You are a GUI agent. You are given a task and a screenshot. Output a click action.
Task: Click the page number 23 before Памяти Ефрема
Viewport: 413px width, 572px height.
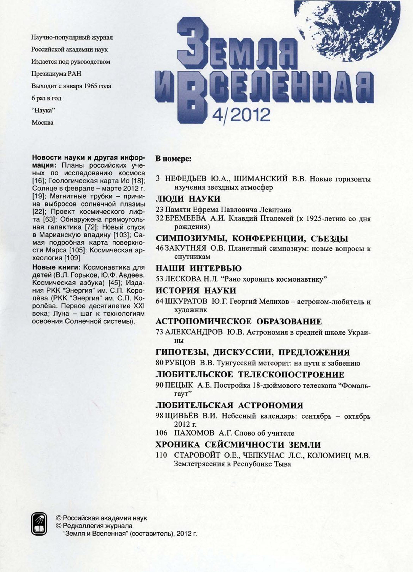pyautogui.click(x=160, y=210)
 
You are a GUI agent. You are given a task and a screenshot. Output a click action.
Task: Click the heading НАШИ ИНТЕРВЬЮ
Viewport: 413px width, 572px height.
pyautogui.click(x=199, y=268)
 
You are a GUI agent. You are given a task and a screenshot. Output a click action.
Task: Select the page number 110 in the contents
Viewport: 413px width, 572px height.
pyautogui.click(x=162, y=455)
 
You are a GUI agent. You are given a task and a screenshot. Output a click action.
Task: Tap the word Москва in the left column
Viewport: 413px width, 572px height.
pyautogui.click(x=42, y=123)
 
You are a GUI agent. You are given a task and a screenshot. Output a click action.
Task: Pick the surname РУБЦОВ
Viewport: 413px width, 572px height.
pyautogui.click(x=180, y=364)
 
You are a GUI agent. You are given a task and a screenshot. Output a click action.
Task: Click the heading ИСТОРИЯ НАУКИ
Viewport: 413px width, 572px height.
pyautogui.click(x=196, y=291)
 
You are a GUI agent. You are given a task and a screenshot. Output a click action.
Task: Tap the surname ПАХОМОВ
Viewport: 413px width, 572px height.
pyautogui.click(x=194, y=433)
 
